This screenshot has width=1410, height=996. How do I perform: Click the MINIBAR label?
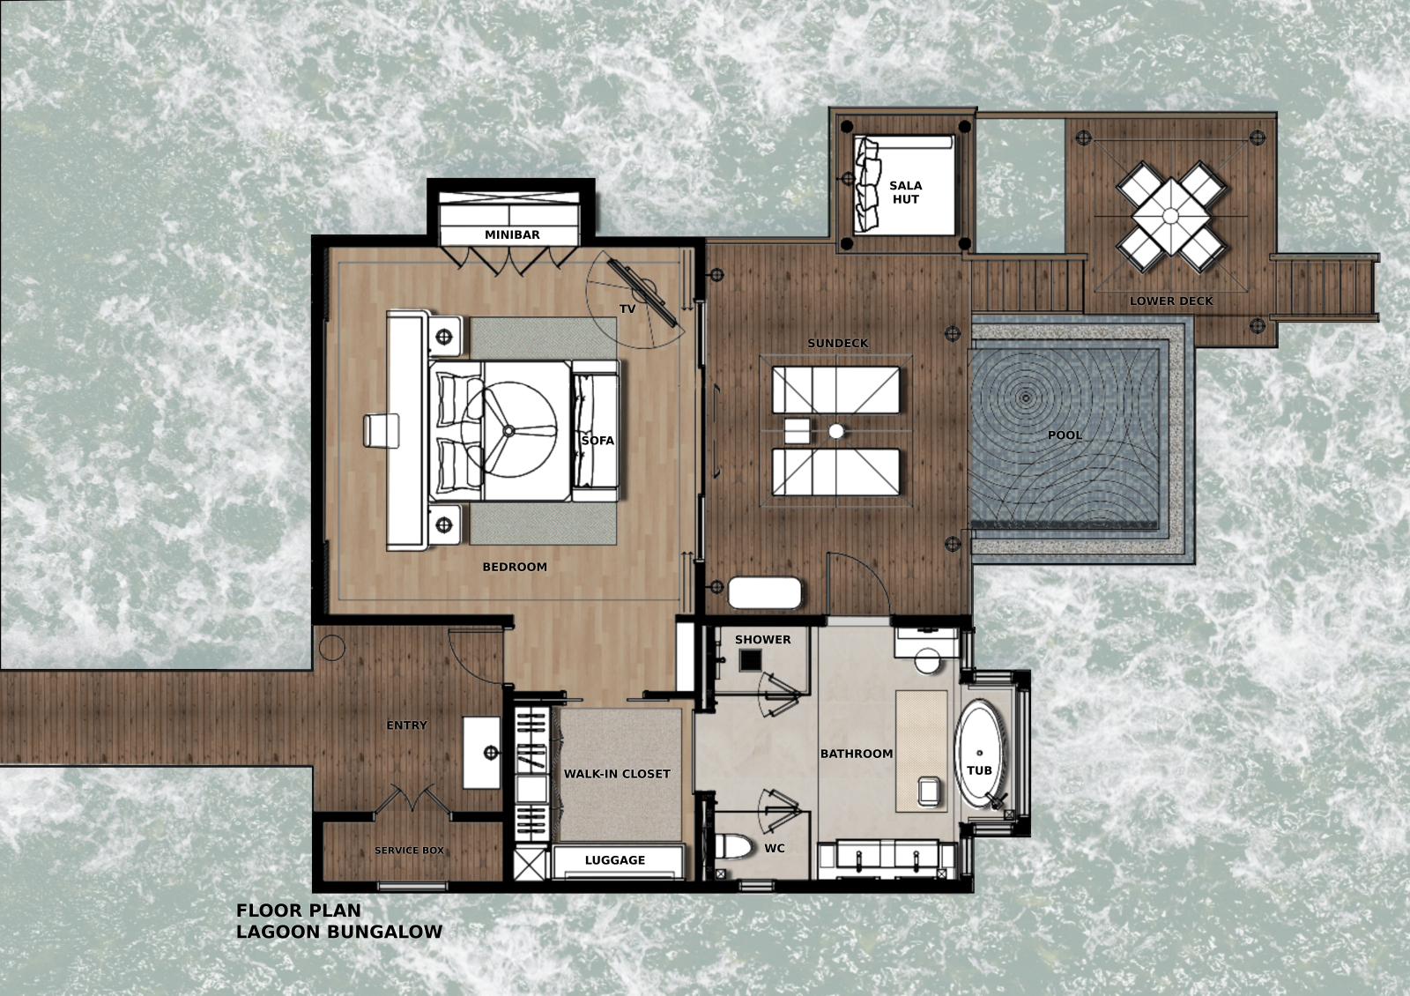pyautogui.click(x=512, y=234)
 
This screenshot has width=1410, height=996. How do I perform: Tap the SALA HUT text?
pyautogui.click(x=906, y=192)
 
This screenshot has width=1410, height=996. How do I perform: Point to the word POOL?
pyautogui.click(x=1065, y=435)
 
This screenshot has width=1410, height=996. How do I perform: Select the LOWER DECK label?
pyautogui.click(x=1171, y=301)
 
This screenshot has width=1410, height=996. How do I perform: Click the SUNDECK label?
pyautogui.click(x=838, y=343)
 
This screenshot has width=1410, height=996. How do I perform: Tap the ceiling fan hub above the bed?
pyautogui.click(x=508, y=431)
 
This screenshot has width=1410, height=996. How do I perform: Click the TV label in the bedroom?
pyautogui.click(x=627, y=309)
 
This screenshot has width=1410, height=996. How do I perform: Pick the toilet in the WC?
pyautogui.click(x=734, y=847)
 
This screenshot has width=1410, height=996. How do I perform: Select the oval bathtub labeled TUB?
pyautogui.click(x=979, y=754)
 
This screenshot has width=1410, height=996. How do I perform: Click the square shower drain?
pyautogui.click(x=750, y=660)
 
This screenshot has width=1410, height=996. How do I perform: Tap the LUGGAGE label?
pyautogui.click(x=615, y=860)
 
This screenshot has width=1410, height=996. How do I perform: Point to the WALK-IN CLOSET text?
pyautogui.click(x=617, y=774)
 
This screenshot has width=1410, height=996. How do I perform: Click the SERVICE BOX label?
pyautogui.click(x=409, y=851)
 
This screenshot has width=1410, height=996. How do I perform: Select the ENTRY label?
pyautogui.click(x=406, y=725)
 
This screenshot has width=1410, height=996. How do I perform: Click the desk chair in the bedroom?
pyautogui.click(x=382, y=431)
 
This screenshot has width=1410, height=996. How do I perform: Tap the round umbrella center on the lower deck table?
pyautogui.click(x=1171, y=216)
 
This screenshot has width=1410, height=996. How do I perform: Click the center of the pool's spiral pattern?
pyautogui.click(x=1026, y=398)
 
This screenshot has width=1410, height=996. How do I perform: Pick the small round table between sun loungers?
pyautogui.click(x=836, y=431)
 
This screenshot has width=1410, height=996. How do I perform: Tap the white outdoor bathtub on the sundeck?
pyautogui.click(x=765, y=593)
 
